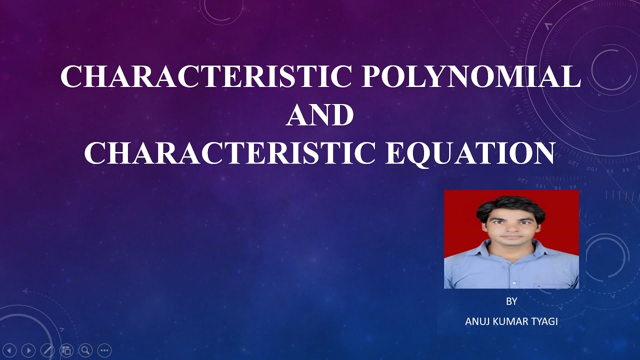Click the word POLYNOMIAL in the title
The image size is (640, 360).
coord(471,77)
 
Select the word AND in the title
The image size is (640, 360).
coord(320,115)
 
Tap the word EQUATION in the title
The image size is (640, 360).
coord(470,153)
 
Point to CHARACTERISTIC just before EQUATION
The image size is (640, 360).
coord(229,153)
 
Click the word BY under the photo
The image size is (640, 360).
coord(511,302)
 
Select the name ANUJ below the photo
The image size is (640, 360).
coord(478,321)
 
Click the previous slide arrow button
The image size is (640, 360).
coord(11,350)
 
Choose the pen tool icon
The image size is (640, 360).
coord(47,350)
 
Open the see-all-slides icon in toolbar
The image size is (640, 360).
coord(66,350)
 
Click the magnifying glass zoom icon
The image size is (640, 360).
coord(85,350)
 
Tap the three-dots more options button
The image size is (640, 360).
coord(104,350)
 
